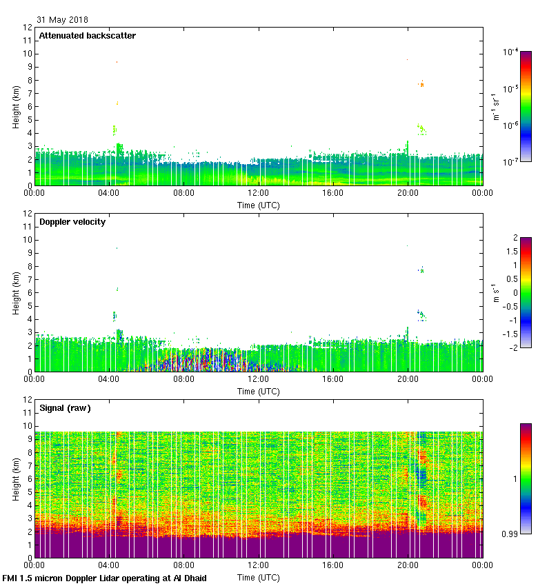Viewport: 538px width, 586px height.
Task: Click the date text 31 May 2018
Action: (x=62, y=20)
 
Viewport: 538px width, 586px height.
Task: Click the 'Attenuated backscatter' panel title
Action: (x=87, y=36)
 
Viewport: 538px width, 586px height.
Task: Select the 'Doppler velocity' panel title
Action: (x=72, y=222)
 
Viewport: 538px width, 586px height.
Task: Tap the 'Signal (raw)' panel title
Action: (x=65, y=408)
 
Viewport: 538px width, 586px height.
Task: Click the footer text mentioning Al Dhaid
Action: (x=104, y=578)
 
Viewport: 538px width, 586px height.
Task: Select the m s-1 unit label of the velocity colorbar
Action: (x=496, y=293)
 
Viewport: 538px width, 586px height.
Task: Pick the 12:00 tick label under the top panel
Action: (x=259, y=194)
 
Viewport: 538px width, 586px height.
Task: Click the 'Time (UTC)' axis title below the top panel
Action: (x=259, y=205)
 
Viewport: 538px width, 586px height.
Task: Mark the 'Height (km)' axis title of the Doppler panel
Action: (x=16, y=292)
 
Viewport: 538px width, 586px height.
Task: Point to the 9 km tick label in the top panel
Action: (x=28, y=68)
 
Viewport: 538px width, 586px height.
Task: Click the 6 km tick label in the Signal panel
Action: (x=28, y=479)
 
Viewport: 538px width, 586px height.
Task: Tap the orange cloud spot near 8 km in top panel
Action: (x=421, y=84)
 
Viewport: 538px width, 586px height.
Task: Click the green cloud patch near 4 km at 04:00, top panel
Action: (x=114, y=130)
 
